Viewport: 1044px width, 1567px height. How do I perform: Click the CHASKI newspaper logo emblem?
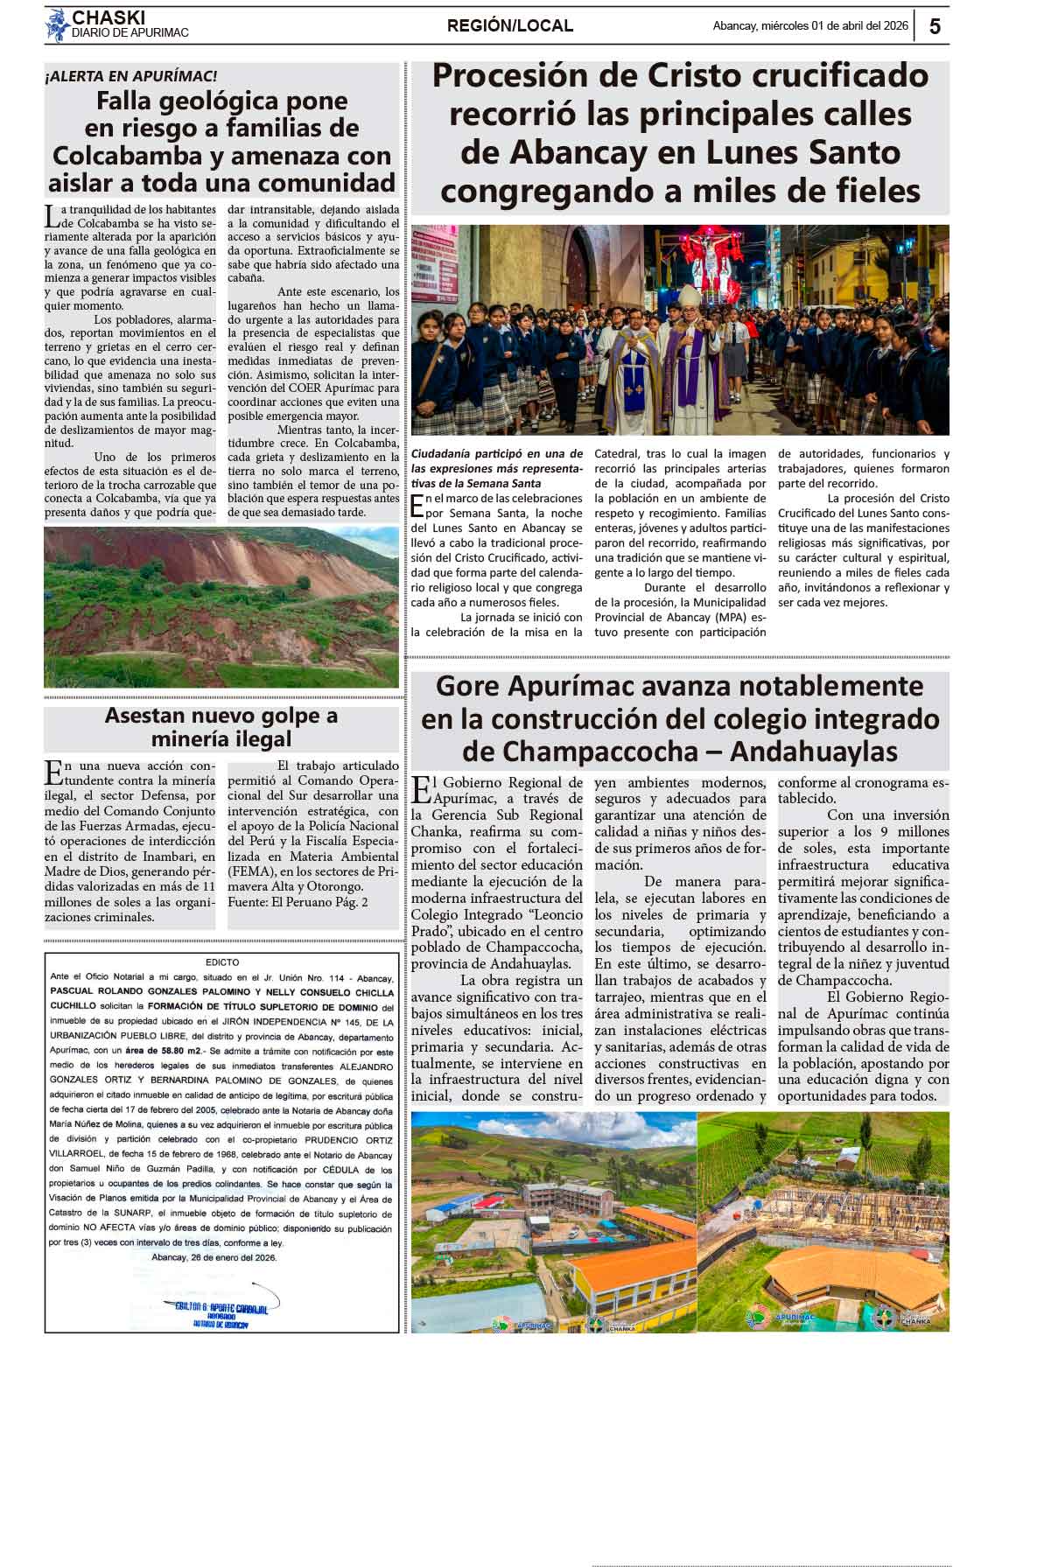[x=58, y=25]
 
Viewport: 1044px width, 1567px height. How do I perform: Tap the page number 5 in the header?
[x=935, y=26]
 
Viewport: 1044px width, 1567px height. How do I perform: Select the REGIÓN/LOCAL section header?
[x=509, y=26]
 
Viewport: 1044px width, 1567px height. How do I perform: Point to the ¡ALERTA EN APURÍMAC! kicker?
[x=131, y=76]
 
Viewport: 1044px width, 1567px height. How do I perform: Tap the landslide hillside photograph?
[x=221, y=606]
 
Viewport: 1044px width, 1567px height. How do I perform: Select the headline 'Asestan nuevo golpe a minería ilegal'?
[x=221, y=727]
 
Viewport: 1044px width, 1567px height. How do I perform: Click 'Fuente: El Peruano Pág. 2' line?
[x=298, y=902]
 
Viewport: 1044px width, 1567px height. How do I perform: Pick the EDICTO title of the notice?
[x=222, y=962]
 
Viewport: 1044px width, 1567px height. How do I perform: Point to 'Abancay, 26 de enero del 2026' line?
[x=214, y=1257]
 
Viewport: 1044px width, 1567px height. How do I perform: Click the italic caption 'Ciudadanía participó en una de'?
[x=496, y=454]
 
